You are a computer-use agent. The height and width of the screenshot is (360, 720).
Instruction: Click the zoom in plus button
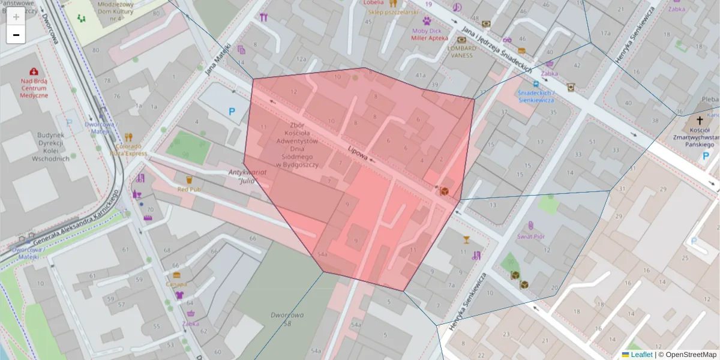point(16,17)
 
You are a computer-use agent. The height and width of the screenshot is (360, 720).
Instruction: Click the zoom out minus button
point(16,35)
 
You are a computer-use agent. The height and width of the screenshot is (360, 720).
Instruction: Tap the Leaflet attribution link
point(641,355)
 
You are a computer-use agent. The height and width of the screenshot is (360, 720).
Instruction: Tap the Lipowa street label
point(358,153)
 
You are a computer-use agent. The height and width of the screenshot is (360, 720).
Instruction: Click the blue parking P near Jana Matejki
point(232,111)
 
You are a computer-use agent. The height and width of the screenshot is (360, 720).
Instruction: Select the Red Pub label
point(188,189)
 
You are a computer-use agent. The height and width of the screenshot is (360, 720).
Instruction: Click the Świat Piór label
point(531,236)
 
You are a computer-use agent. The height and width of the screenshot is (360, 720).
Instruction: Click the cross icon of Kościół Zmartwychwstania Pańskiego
point(700,121)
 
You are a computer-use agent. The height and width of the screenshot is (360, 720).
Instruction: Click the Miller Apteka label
point(430,38)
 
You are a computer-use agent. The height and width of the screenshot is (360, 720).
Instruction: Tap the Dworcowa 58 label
point(287,319)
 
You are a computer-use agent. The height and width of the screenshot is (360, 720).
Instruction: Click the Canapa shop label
point(176,284)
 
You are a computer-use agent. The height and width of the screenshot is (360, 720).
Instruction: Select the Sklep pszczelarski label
point(392,11)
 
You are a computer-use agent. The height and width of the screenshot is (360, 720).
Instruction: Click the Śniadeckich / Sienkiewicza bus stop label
point(536,97)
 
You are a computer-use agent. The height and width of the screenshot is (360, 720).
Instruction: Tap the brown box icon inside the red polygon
point(445,191)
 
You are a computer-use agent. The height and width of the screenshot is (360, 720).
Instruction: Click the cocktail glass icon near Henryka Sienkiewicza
point(466,240)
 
